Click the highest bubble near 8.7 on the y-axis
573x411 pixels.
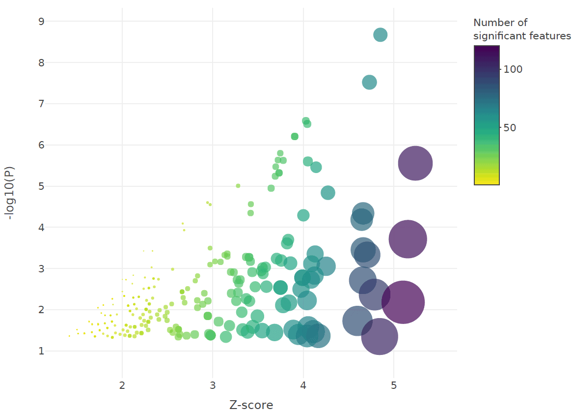(381, 35)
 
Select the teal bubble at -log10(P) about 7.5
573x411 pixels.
(369, 83)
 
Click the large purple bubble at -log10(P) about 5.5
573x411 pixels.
(415, 164)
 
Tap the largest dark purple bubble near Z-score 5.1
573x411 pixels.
(403, 302)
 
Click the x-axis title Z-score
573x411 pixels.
(251, 405)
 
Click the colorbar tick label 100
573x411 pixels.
(513, 69)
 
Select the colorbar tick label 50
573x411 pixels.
(510, 128)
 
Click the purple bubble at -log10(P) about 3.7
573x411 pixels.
(408, 239)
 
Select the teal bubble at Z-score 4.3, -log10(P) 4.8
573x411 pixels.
(328, 193)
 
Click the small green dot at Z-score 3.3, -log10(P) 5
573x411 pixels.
(238, 186)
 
